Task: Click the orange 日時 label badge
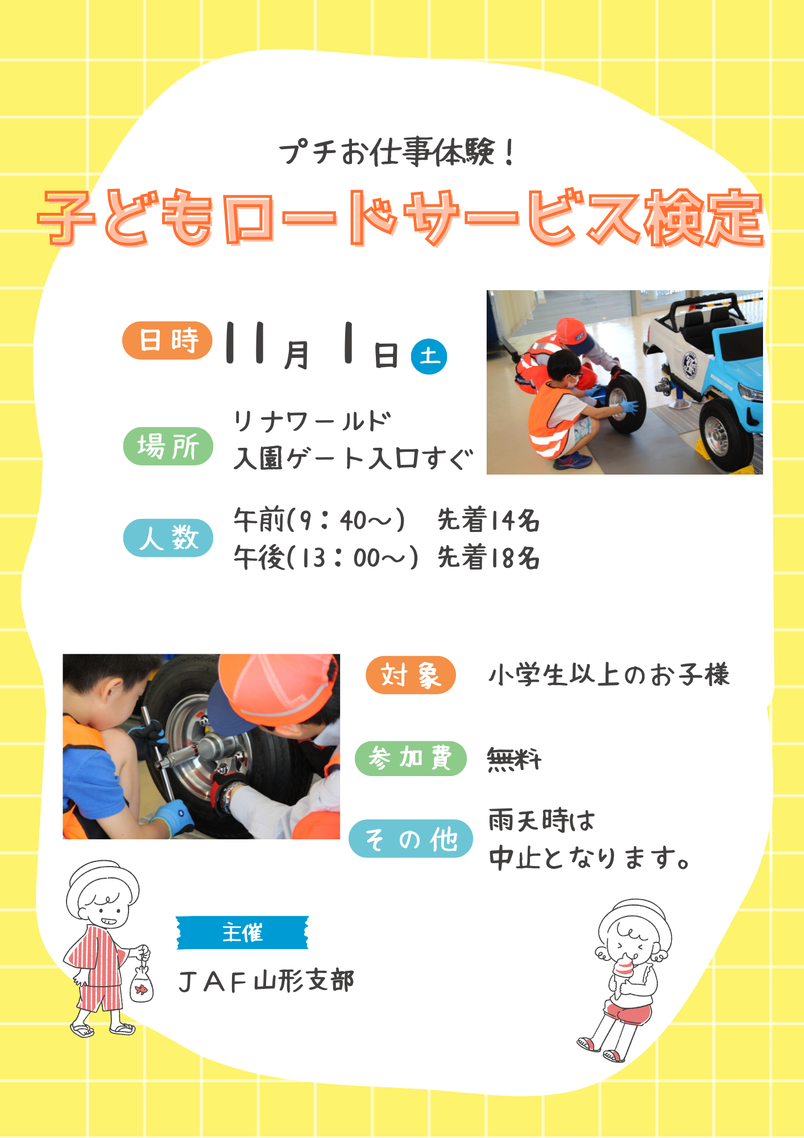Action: [167, 340]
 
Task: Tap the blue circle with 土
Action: [429, 357]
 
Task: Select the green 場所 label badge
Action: [168, 446]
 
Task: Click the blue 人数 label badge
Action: [168, 538]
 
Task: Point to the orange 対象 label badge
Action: [411, 675]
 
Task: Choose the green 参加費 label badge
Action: [411, 758]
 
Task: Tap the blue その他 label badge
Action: [411, 839]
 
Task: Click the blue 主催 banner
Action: [242, 933]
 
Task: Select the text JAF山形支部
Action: [266, 981]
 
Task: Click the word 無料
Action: [515, 759]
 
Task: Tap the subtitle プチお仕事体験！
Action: [397, 152]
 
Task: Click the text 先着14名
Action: [488, 520]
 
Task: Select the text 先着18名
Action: [488, 558]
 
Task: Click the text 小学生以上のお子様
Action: [609, 675]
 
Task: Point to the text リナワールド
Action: [312, 422]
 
